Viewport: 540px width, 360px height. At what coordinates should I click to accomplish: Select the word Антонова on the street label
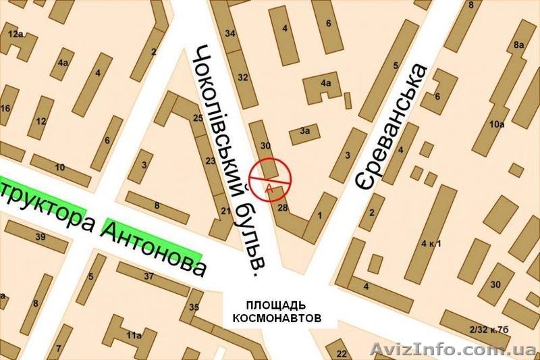[x=154, y=242]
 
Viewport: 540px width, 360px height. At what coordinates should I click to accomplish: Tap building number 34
[x=231, y=33]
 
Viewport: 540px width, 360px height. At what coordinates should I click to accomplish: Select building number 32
[x=243, y=77]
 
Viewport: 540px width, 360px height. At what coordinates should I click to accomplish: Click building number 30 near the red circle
[x=265, y=145]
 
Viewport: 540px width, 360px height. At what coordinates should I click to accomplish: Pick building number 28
[x=283, y=208]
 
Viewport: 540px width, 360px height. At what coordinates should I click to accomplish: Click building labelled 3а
[x=305, y=131]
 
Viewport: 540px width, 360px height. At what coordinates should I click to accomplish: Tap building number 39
[x=40, y=236]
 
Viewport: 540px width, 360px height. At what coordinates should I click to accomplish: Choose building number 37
[x=148, y=276]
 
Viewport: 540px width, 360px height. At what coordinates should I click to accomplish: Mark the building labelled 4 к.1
[x=431, y=242]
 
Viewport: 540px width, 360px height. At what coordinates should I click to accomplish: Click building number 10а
[x=497, y=124]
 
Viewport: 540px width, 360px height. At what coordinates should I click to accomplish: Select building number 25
[x=198, y=118]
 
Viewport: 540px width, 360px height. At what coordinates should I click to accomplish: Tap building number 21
[x=225, y=211]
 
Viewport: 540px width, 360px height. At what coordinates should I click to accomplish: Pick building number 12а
[x=15, y=33]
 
